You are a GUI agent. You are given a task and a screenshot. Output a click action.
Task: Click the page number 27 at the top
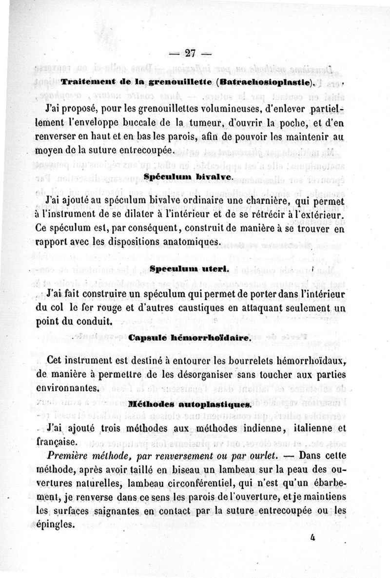tap(190, 54)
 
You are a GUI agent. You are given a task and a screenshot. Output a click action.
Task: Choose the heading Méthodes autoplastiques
tap(190, 404)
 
